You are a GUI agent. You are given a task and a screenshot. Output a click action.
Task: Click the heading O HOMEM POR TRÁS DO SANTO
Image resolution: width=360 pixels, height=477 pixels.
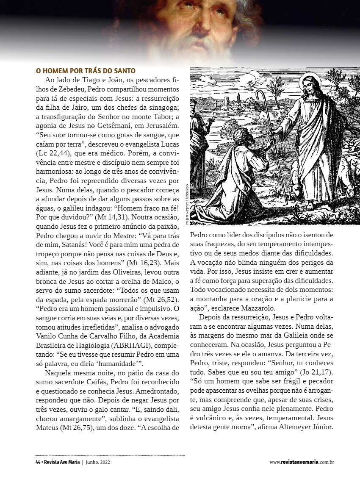coord(85,71)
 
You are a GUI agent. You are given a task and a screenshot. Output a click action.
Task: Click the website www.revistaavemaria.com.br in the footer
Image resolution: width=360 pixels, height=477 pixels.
coord(302,462)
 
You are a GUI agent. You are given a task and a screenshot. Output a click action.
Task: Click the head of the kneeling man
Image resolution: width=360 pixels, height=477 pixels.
coord(240,136)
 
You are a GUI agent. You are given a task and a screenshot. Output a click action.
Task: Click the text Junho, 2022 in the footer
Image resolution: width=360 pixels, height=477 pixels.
coord(98,462)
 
